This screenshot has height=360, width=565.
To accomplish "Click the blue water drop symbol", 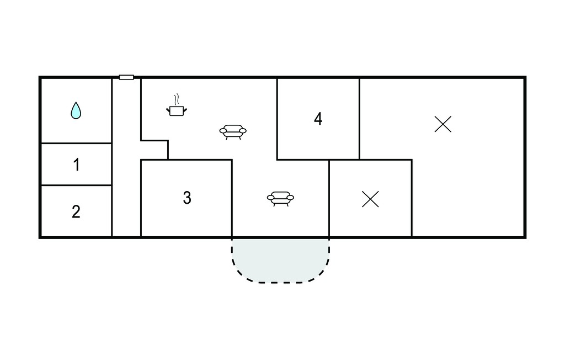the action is (76, 111).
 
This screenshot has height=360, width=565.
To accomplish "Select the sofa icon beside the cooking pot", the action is (233, 131).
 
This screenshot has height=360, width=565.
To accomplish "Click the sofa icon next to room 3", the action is (280, 198).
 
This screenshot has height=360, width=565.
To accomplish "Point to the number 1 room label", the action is (76, 165).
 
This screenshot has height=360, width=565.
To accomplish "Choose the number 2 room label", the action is (76, 211).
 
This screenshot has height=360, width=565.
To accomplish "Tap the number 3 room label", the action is (187, 198).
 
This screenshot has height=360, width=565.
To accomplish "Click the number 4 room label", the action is (318, 119).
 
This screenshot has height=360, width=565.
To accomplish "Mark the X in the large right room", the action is (443, 124).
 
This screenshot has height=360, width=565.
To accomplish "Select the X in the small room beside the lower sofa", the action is (370, 199).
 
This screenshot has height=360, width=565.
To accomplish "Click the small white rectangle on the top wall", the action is (126, 77).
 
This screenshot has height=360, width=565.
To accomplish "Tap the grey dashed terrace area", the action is (280, 259).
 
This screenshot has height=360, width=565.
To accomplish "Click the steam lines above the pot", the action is (177, 99).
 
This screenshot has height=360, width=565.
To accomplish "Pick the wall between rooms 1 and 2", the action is (76, 186).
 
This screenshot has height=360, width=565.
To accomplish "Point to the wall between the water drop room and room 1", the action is (76, 143).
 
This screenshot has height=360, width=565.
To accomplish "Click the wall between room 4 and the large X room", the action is (359, 119).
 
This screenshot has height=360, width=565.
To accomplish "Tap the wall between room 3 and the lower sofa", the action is (232, 198).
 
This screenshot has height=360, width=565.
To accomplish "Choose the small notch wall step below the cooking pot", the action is (154, 140).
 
